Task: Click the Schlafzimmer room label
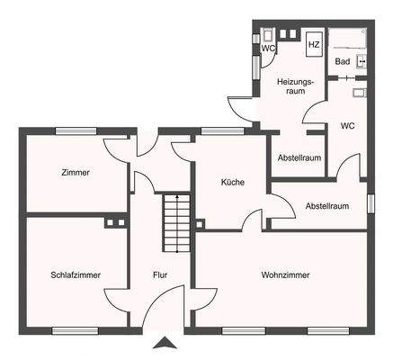76,274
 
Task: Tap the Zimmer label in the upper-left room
76,172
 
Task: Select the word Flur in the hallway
161,274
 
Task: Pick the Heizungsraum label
294,85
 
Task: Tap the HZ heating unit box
314,44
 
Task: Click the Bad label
342,61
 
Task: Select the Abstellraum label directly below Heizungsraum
299,157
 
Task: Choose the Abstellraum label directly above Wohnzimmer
326,205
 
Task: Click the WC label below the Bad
346,126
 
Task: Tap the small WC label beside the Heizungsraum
267,49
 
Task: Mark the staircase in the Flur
176,223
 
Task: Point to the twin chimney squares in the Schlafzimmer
114,221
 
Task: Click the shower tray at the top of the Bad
346,39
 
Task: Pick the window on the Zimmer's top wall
76,131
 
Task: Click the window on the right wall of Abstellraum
371,203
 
